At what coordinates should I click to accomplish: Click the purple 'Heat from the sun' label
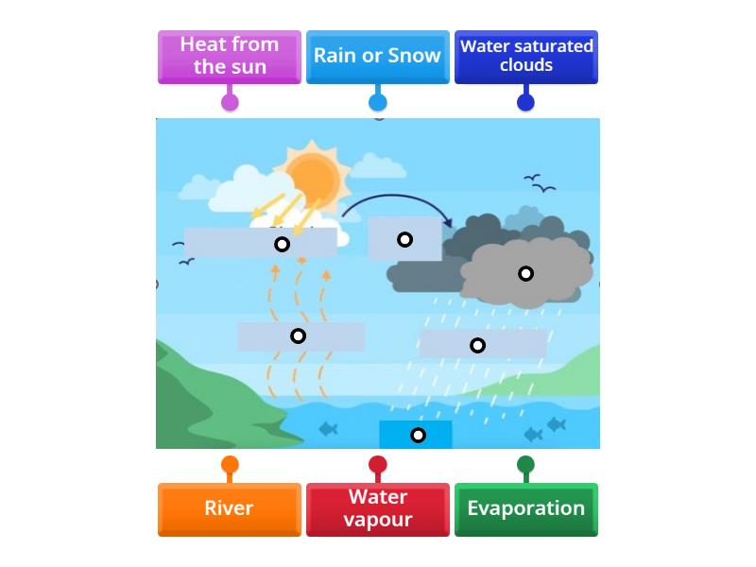pos(230,56)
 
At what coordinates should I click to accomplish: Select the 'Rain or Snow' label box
pos(377,56)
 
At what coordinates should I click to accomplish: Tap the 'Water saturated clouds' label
pos(525,56)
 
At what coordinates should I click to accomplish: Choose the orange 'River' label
pos(230,508)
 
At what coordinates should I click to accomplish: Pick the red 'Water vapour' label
pos(377,508)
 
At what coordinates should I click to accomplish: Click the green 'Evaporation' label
pos(525,508)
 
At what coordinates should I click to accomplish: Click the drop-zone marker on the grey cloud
pos(525,273)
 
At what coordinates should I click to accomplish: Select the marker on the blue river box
pos(418,435)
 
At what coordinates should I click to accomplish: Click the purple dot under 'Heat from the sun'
pos(230,102)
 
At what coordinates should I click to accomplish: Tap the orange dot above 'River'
pos(230,464)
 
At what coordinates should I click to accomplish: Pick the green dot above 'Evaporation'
pos(525,464)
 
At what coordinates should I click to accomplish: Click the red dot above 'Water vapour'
pos(377,464)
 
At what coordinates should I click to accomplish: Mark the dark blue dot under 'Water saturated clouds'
pos(525,102)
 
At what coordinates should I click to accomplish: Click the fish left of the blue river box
pos(328,429)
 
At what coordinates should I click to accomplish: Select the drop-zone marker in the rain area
pos(477,345)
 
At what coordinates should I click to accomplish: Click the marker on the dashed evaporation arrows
pos(298,335)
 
